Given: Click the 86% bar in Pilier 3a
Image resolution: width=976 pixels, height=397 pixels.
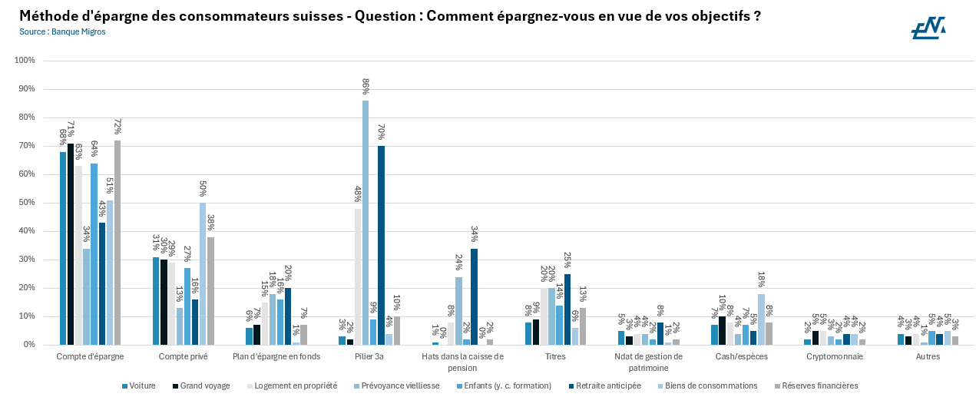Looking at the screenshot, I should pyautogui.click(x=366, y=223).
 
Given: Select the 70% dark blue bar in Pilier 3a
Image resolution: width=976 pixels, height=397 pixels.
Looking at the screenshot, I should pyautogui.click(x=381, y=246).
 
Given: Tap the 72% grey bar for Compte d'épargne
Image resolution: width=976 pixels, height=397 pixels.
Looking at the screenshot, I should pyautogui.click(x=117, y=243).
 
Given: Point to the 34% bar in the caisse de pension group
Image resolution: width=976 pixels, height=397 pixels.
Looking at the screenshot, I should pyautogui.click(x=474, y=296).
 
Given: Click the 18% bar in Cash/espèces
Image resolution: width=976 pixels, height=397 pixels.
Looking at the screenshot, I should pyautogui.click(x=761, y=319).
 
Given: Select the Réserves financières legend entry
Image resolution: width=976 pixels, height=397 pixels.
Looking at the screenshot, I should pyautogui.click(x=816, y=385).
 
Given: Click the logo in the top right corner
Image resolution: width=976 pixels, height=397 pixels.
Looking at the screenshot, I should pyautogui.click(x=928, y=28).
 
